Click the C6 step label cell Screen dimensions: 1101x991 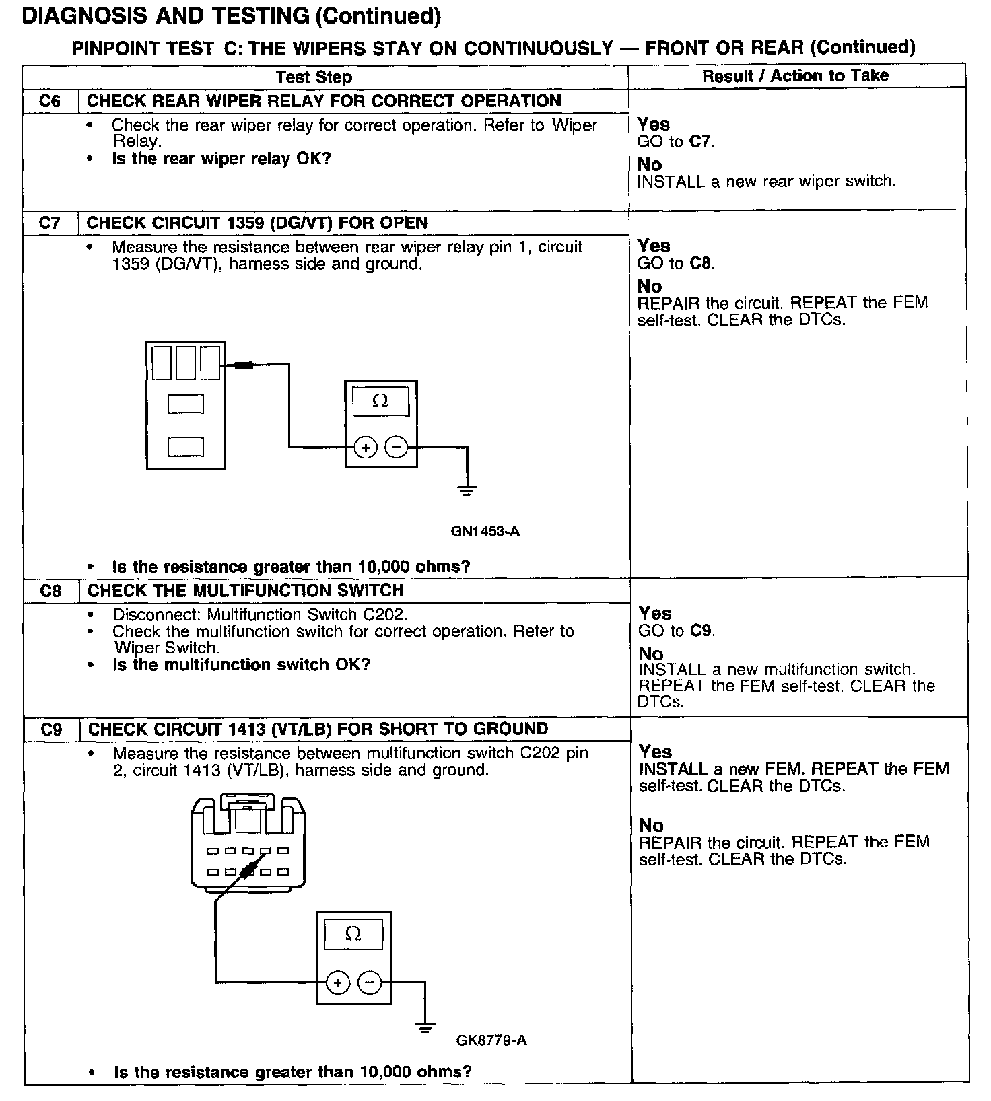pyautogui.click(x=50, y=101)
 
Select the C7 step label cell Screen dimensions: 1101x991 pyautogui.click(x=50, y=223)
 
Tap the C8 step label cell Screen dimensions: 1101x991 pyautogui.click(x=50, y=591)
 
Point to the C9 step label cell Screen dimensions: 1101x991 pyautogui.click(x=51, y=730)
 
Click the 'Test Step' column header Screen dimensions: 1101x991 pyautogui.click(x=314, y=77)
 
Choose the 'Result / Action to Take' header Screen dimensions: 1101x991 pyautogui.click(x=795, y=76)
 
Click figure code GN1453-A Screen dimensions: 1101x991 pyautogui.click(x=485, y=532)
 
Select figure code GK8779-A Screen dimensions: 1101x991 pyautogui.click(x=491, y=1040)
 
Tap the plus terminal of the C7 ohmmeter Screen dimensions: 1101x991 pyautogui.click(x=365, y=447)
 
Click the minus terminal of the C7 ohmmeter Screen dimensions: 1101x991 pyautogui.click(x=396, y=447)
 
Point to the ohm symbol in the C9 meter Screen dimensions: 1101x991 pyautogui.click(x=353, y=933)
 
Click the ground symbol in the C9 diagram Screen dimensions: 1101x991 pyautogui.click(x=424, y=1028)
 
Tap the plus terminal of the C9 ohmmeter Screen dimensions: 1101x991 pyautogui.click(x=337, y=983)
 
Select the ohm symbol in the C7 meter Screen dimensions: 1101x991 pyautogui.click(x=380, y=401)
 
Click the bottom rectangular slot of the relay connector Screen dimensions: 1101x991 pyautogui.click(x=186, y=447)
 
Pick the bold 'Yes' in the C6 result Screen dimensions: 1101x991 pyautogui.click(x=653, y=125)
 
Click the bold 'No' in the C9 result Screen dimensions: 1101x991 pyautogui.click(x=651, y=826)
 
